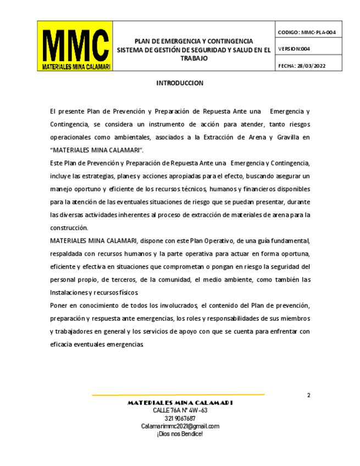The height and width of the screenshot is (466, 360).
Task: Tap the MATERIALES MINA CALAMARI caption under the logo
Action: (75, 66)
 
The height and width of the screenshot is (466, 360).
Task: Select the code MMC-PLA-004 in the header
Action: (318, 32)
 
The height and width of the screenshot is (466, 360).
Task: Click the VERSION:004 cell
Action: (295, 49)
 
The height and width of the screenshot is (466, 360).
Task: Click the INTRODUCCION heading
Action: (180, 83)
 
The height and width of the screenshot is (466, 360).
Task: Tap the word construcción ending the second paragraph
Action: (69, 228)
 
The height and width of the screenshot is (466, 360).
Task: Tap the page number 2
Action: (308, 395)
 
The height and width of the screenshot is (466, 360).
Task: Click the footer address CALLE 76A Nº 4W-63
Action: (180, 410)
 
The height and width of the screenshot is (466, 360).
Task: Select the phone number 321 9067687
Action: (180, 418)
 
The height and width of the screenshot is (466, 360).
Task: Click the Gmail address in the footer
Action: (180, 426)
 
